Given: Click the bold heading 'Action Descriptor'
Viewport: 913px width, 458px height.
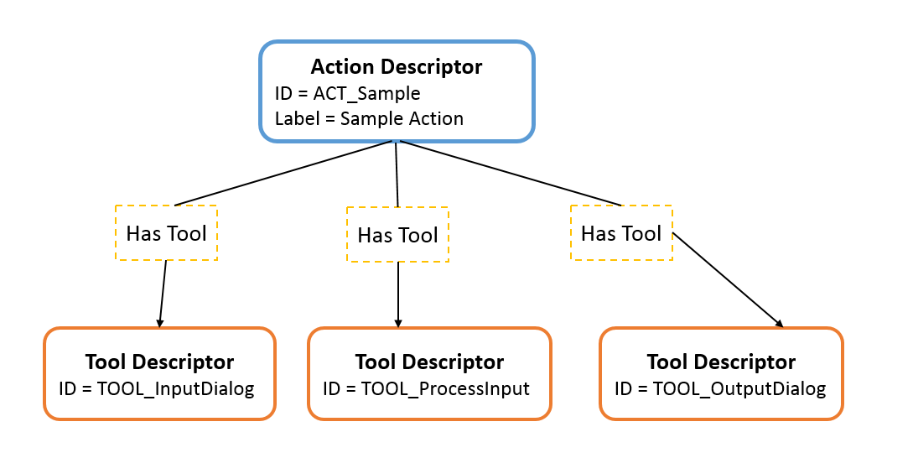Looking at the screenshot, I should point(396,66).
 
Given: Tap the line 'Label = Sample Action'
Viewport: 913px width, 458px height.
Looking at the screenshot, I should point(369,118).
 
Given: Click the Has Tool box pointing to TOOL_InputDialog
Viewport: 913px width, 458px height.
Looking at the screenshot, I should point(166,233).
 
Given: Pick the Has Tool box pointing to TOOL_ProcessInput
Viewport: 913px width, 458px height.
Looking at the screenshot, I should point(397,236).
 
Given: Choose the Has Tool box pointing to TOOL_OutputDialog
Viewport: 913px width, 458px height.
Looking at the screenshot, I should point(621,233).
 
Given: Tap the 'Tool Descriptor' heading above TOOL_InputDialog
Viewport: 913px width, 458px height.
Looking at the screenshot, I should point(159,362).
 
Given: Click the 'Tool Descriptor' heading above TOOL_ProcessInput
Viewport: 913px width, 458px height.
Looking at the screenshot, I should point(429,362).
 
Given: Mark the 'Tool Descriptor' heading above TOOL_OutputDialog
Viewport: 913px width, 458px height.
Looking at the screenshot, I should point(721,362).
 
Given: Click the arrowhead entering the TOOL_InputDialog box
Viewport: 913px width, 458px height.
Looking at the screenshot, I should point(159,322).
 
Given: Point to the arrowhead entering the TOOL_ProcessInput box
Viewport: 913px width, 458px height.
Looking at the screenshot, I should point(398,322).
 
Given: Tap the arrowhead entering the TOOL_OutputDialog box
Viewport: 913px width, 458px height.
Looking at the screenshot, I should point(779,324).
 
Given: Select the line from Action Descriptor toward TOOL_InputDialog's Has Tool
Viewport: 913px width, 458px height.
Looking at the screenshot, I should point(283,173).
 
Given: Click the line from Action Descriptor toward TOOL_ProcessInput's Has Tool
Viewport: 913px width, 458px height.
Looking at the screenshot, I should point(396,174).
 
